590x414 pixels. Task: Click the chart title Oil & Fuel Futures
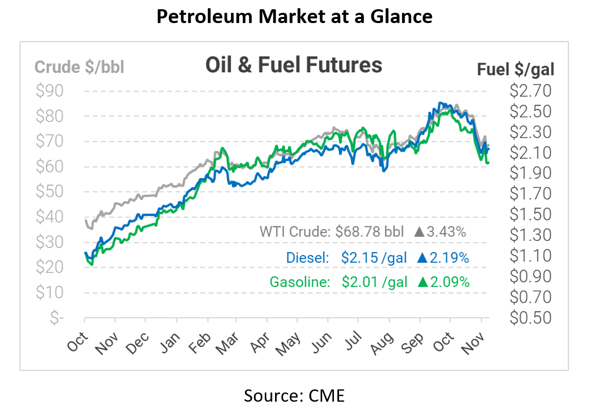293,65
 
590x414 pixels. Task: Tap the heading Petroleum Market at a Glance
294,17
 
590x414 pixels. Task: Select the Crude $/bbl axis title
79,67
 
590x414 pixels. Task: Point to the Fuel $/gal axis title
516,69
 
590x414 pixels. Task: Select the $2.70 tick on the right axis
531,91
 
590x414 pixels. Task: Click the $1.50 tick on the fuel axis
531,214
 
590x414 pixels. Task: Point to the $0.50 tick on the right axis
531,318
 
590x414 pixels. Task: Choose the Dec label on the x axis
137,343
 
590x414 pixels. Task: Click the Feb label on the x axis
200,343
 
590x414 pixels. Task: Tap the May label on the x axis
289,343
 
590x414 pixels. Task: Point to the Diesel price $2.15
359,257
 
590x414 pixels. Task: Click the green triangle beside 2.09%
423,282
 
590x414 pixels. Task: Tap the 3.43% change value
447,232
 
